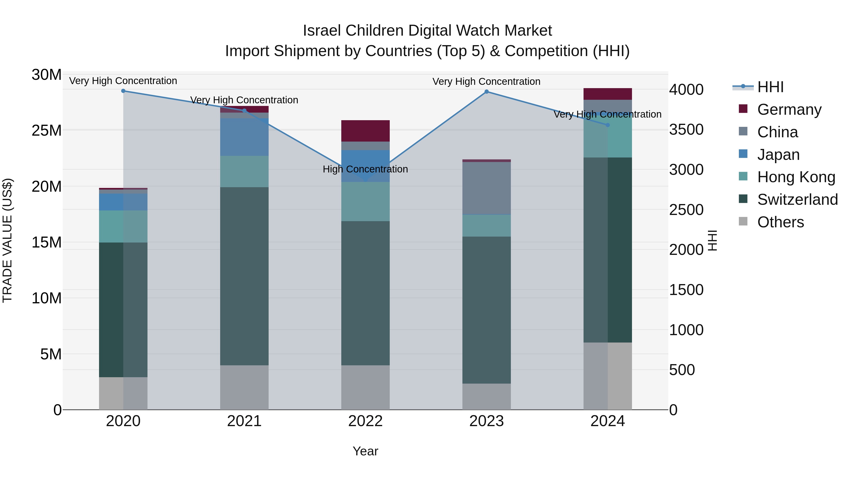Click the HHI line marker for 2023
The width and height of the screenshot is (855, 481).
pos(487,92)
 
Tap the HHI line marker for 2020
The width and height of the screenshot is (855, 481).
pos(123,91)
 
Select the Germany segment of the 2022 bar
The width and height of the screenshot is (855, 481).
pos(366,131)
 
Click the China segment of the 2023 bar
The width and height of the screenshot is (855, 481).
pos(487,188)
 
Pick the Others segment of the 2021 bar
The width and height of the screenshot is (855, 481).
pos(244,387)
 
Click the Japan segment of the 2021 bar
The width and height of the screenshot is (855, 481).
pos(244,137)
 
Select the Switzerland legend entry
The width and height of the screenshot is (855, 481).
pos(797,200)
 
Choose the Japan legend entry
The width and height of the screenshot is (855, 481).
pos(778,155)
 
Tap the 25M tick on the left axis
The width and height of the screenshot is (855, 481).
pos(47,130)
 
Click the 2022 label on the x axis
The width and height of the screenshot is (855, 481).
pos(366,421)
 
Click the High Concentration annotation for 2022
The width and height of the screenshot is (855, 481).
pos(366,169)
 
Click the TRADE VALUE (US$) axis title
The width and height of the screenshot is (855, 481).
pos(7,240)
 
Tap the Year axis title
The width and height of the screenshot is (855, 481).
pos(366,451)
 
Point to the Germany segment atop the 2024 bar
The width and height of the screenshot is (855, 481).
pos(608,94)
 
